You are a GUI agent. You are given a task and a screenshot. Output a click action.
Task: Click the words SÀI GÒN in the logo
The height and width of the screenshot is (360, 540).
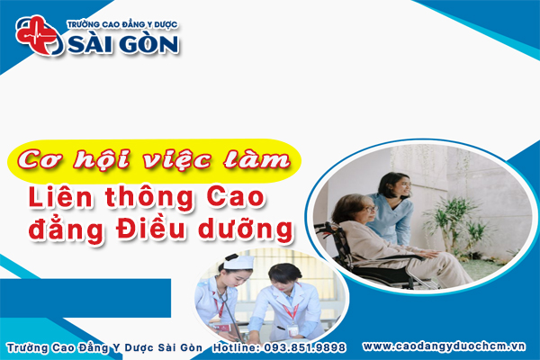pos(121,42)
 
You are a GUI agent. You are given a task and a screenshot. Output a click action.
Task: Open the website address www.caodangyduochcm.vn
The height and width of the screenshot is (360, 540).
pos(447,346)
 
